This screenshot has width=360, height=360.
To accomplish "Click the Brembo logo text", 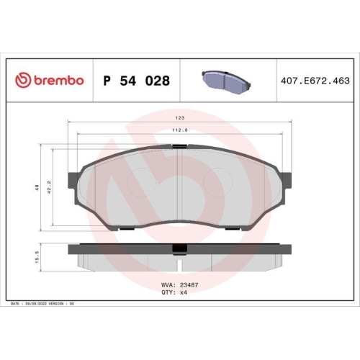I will coord(58,81).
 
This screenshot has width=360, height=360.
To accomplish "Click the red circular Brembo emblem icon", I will coord(22,81).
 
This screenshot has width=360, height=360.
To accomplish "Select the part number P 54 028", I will coord(137,81).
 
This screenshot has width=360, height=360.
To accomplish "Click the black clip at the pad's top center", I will coord(179,147).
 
